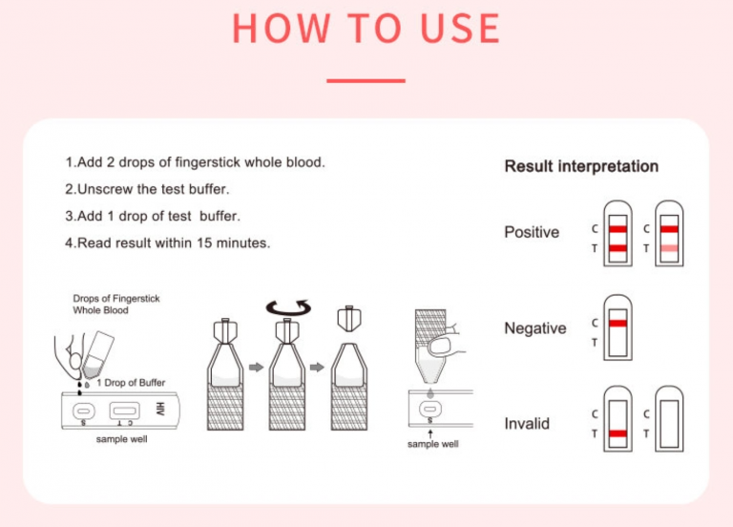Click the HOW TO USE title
[x=366, y=28]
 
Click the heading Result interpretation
[x=580, y=167]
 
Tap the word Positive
[x=532, y=232]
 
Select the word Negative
[x=534, y=328]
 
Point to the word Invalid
[x=527, y=423]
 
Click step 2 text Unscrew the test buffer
[x=147, y=189]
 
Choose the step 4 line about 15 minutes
[x=167, y=242]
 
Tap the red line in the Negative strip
[x=618, y=325]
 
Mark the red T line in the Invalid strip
[x=618, y=433]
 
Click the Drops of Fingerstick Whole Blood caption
[x=116, y=305]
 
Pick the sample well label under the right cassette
[x=432, y=444]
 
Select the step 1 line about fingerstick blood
[x=195, y=162]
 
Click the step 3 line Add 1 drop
[x=152, y=216]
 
